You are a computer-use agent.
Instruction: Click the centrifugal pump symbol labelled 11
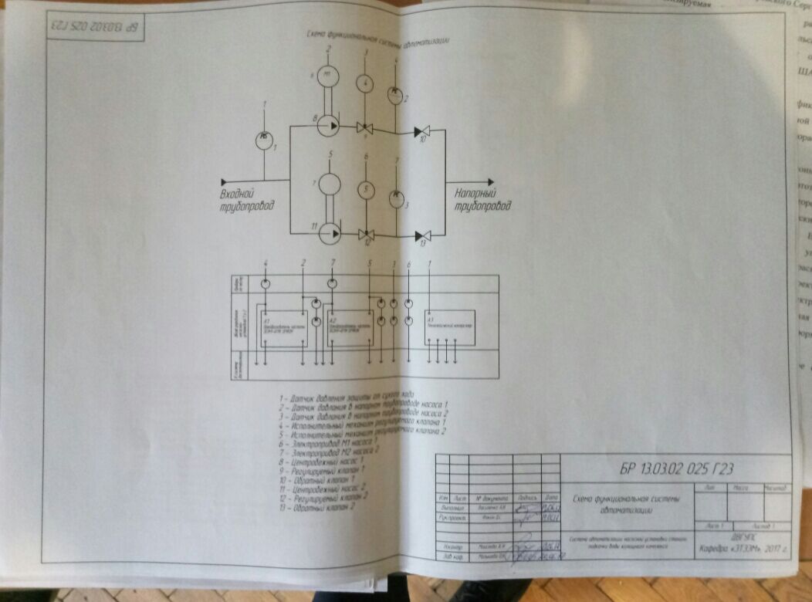tap(330, 231)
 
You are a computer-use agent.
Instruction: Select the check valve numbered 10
tap(421, 133)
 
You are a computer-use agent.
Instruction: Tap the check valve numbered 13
tap(421, 235)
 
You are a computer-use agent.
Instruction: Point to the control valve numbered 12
tap(367, 235)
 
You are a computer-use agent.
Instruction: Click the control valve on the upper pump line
tap(364, 128)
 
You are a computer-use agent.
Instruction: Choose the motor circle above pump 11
tap(330, 185)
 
